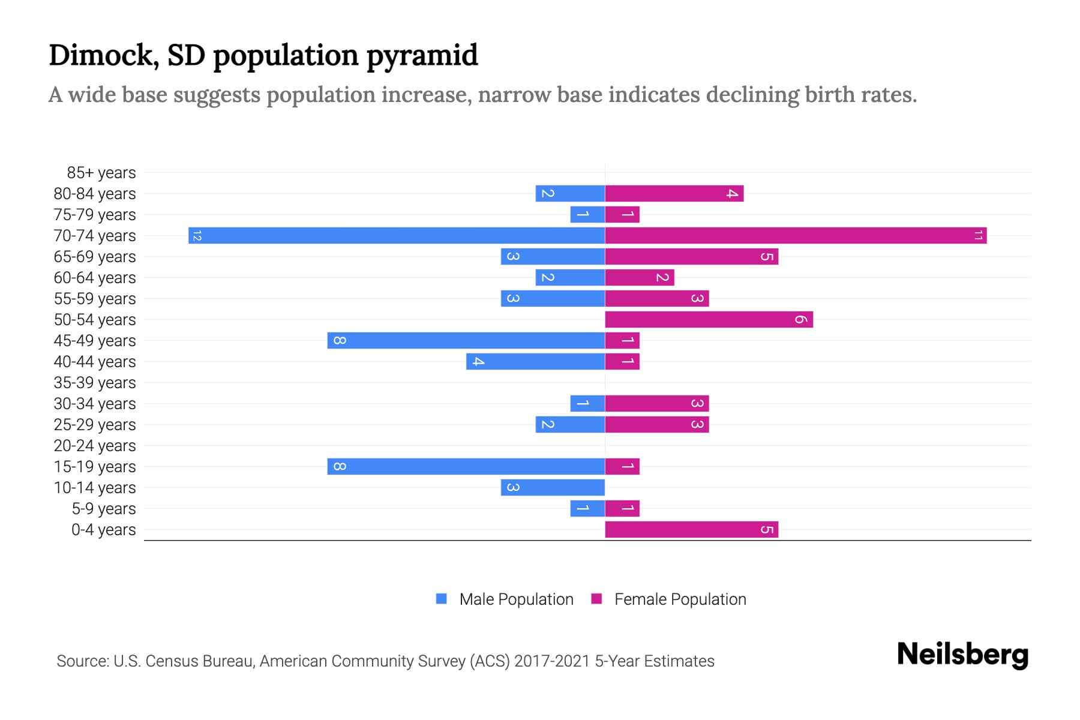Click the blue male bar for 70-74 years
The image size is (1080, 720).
[x=396, y=235]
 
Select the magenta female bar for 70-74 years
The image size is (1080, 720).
[x=796, y=235]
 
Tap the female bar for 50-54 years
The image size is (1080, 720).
[x=709, y=319]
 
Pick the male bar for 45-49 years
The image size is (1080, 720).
[x=466, y=340]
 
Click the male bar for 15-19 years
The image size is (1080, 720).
[x=466, y=466]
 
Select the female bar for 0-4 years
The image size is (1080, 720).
[x=691, y=529]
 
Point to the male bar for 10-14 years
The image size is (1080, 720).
[x=553, y=487]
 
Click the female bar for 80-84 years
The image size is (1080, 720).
[x=674, y=193]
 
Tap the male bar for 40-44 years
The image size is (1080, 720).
[x=535, y=361]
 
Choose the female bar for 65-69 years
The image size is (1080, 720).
[x=691, y=256]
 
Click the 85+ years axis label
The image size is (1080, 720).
[x=101, y=173]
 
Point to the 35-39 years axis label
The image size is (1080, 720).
[x=95, y=383]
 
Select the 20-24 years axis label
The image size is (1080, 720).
[x=95, y=446]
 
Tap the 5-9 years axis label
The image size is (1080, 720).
[x=104, y=509]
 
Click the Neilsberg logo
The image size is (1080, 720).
[x=962, y=654]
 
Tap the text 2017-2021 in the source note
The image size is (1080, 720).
[x=551, y=661]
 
